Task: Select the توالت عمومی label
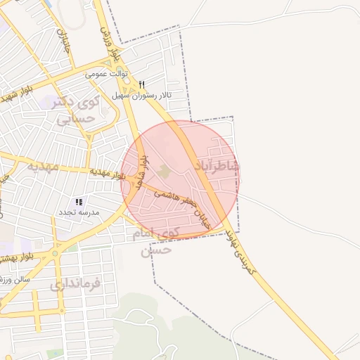(105, 72)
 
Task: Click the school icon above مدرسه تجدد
(79, 202)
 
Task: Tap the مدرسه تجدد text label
(79, 212)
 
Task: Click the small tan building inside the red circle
(164, 171)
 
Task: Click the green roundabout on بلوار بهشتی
(54, 254)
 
